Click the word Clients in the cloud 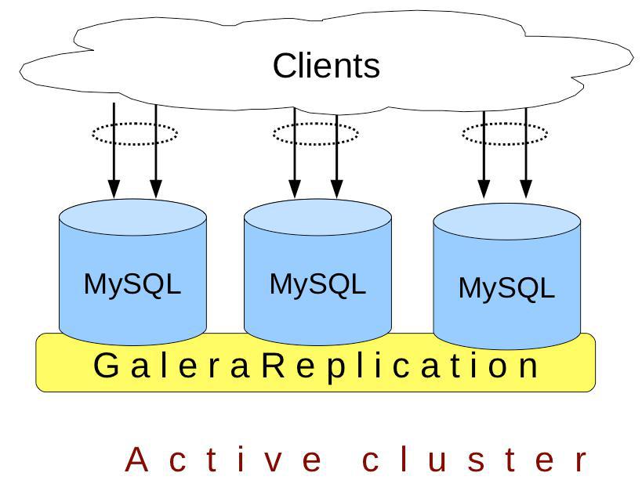tap(326, 66)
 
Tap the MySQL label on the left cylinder tap(132, 284)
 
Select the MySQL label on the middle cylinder tap(317, 284)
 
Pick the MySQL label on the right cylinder tap(506, 289)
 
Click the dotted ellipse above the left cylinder tap(135, 123)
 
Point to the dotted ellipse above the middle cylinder tap(315, 123)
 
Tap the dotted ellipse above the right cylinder tap(505, 123)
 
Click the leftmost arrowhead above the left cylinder tap(114, 189)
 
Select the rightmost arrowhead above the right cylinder tap(526, 189)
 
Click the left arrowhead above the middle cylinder tap(295, 189)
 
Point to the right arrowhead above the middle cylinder tap(336, 189)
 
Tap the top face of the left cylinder tap(132, 217)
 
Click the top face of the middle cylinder tap(317, 217)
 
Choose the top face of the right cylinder tap(507, 221)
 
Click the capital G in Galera tap(106, 365)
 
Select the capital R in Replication tap(274, 365)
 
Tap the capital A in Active tap(136, 459)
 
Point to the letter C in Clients tap(285, 66)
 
